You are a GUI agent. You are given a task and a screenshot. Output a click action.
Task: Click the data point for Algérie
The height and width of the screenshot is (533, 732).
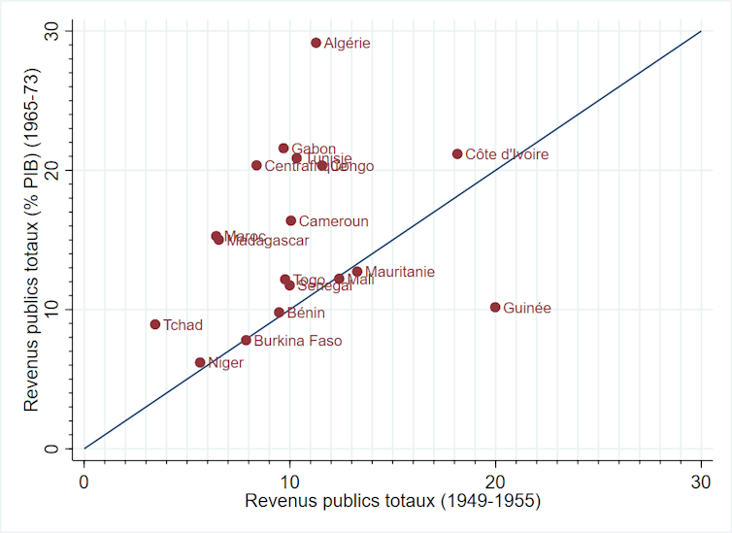click(x=316, y=43)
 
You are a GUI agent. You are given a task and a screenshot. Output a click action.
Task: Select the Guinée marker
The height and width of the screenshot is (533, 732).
click(x=495, y=307)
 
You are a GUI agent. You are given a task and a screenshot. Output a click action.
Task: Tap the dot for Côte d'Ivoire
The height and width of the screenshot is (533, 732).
click(x=457, y=154)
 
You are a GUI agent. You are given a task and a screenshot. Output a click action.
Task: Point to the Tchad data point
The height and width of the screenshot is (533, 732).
click(x=155, y=324)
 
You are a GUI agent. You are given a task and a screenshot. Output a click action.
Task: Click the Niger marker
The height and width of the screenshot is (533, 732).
click(x=200, y=362)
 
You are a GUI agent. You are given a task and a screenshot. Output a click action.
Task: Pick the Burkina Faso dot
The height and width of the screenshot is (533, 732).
click(x=246, y=340)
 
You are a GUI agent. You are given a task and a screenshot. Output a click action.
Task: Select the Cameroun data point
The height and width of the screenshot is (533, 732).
click(x=290, y=220)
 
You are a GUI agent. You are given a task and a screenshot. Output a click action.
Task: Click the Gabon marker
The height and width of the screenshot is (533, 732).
click(x=283, y=149)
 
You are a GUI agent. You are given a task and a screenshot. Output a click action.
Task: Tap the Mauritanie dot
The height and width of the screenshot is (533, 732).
click(x=357, y=272)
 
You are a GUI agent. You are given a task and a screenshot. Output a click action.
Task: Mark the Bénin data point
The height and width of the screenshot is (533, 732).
click(x=279, y=313)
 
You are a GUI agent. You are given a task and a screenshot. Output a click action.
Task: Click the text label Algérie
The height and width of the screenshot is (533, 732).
click(x=347, y=44)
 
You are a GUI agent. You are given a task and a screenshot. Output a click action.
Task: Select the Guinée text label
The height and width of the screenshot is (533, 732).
click(x=527, y=308)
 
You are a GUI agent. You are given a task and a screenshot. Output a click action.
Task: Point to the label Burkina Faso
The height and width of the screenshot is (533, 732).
click(x=298, y=341)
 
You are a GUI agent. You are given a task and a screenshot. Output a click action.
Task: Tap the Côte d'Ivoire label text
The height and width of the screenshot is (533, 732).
click(x=507, y=154)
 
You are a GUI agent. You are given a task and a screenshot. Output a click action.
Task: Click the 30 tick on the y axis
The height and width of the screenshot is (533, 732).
click(x=63, y=31)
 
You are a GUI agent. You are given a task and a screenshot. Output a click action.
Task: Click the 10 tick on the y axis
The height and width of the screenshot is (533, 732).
click(x=63, y=309)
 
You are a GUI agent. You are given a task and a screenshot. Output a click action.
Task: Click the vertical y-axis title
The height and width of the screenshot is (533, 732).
click(x=31, y=239)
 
